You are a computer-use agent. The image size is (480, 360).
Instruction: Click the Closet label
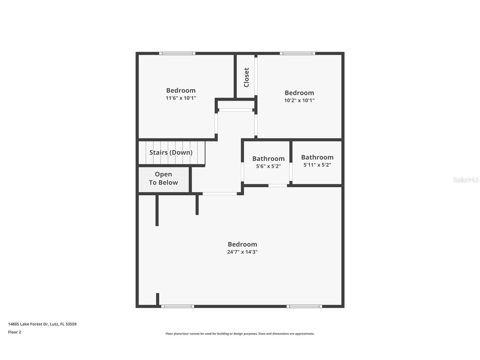(x=246, y=77)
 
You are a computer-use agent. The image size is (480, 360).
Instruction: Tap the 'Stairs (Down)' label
(x=171, y=152)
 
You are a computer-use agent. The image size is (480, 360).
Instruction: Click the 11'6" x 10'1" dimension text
(x=181, y=98)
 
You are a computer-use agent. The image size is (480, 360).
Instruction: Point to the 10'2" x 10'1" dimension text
(x=299, y=100)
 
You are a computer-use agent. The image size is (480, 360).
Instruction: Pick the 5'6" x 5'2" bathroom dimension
(x=268, y=166)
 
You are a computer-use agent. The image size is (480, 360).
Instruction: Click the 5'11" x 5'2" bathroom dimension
(x=317, y=165)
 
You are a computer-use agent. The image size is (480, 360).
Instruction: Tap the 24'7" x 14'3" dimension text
(x=242, y=252)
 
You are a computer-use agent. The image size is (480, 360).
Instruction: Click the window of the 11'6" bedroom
(x=177, y=53)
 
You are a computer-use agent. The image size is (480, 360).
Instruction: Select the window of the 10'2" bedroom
(x=298, y=53)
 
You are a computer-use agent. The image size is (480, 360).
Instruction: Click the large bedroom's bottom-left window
(x=178, y=306)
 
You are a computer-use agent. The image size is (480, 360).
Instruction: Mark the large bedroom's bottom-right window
(x=304, y=306)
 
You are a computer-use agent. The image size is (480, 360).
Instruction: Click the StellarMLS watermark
(x=466, y=180)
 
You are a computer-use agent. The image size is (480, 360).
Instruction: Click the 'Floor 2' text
(x=14, y=332)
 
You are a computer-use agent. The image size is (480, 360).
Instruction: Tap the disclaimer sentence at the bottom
(x=240, y=334)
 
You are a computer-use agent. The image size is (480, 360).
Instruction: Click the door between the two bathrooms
(x=291, y=172)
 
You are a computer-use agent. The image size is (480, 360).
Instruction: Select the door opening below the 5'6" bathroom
(x=277, y=186)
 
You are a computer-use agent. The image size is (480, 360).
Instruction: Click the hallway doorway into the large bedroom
(x=219, y=194)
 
